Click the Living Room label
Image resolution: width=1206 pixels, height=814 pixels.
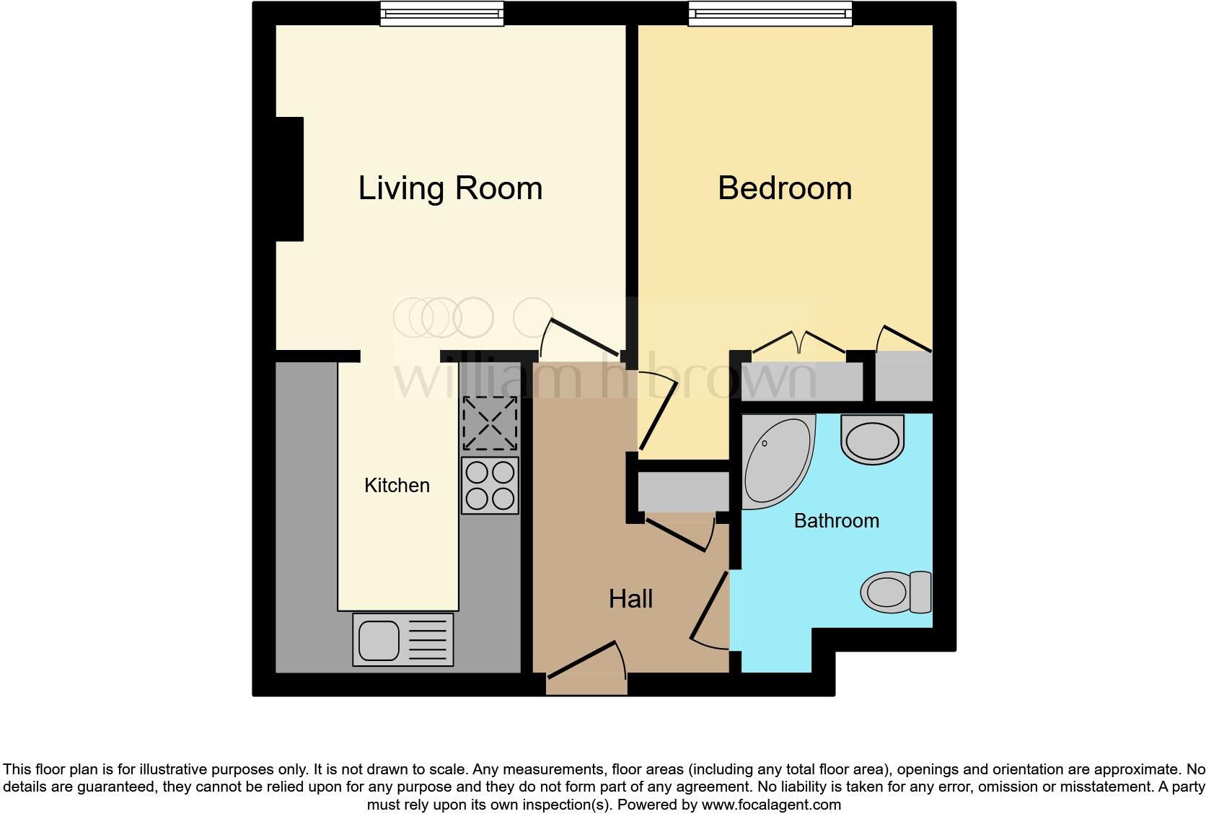(450, 188)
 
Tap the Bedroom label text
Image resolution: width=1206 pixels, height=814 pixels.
(785, 188)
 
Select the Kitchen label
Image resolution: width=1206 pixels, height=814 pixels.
(397, 486)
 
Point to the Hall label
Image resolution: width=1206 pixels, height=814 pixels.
(630, 599)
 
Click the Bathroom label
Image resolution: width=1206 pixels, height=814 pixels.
(836, 521)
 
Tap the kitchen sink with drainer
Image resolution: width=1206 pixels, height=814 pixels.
(402, 639)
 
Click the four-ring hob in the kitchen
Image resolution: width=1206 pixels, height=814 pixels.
(490, 486)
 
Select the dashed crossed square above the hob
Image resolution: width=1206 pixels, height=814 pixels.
(490, 423)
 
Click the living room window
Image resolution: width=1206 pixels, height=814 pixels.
(441, 14)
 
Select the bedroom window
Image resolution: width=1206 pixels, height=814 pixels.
(770, 14)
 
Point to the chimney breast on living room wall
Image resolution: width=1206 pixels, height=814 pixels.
(289, 178)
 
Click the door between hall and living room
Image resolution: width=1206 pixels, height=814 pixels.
(583, 336)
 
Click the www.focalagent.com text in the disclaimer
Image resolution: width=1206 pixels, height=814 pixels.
(770, 804)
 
